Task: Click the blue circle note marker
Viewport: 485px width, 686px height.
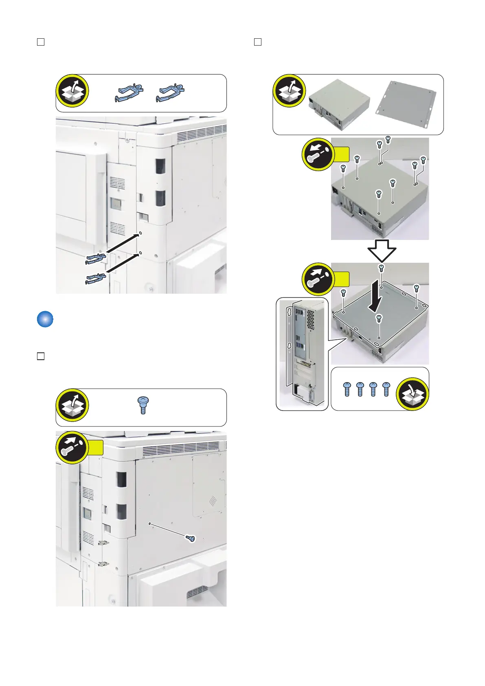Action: pyautogui.click(x=45, y=319)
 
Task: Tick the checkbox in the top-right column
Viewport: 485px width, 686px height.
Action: pyautogui.click(x=257, y=42)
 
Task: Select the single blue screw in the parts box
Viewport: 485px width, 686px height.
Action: pyautogui.click(x=143, y=405)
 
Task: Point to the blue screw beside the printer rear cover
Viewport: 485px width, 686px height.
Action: pyautogui.click(x=190, y=539)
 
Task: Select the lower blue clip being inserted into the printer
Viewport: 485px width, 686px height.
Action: pyautogui.click(x=96, y=279)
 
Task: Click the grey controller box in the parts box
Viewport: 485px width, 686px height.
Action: pyautogui.click(x=339, y=104)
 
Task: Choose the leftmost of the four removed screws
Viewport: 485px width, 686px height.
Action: pyautogui.click(x=347, y=389)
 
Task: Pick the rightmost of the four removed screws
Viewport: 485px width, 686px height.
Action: pyautogui.click(x=386, y=389)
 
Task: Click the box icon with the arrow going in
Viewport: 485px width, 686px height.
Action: pyautogui.click(x=412, y=394)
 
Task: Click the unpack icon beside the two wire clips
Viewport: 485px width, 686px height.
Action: pyautogui.click(x=72, y=91)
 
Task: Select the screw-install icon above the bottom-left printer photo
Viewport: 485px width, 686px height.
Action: pyautogui.click(x=72, y=447)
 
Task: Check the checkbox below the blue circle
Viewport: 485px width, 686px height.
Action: pyautogui.click(x=41, y=356)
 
